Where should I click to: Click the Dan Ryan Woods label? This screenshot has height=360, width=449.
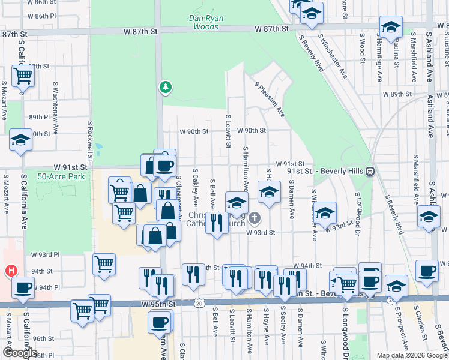click(206, 22)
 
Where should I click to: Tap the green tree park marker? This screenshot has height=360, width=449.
click(165, 88)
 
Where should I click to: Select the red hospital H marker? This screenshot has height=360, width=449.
click(11, 271)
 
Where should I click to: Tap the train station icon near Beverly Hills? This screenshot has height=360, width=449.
click(371, 171)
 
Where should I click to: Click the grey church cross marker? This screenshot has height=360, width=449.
click(255, 218)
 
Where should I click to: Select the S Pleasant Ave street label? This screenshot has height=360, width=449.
click(269, 99)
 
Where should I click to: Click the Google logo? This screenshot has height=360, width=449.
click(20, 352)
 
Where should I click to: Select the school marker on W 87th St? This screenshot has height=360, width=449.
click(391, 28)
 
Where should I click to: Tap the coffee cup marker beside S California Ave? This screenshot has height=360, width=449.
click(23, 288)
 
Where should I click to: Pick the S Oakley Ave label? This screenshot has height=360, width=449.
click(195, 188)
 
